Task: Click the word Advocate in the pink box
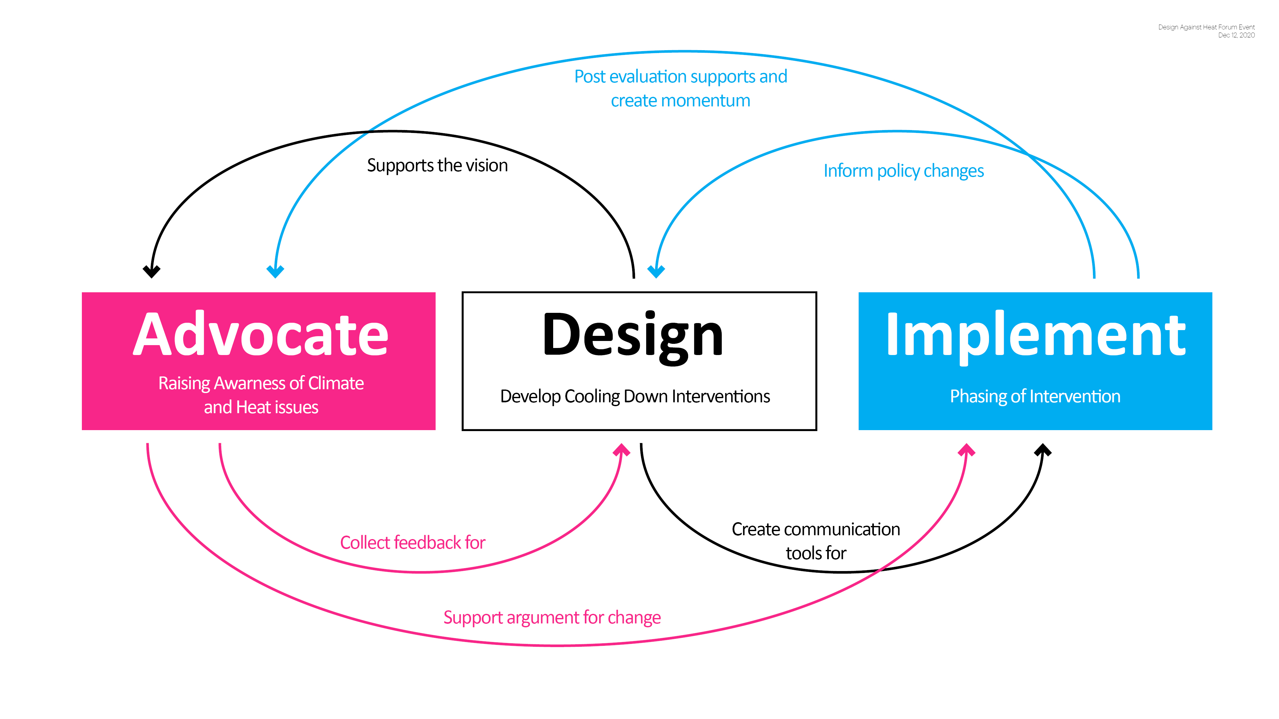pyautogui.click(x=261, y=335)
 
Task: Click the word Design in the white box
pyautogui.click(x=633, y=335)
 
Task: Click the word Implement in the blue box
pyautogui.click(x=1036, y=335)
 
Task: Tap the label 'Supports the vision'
pyautogui.click(x=437, y=165)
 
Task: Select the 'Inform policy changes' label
pyautogui.click(x=903, y=171)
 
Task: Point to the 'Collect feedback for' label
pyautogui.click(x=412, y=542)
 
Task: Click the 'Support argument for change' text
pyautogui.click(x=552, y=617)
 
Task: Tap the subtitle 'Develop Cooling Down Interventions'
pyautogui.click(x=634, y=397)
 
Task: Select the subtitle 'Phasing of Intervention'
pyautogui.click(x=1035, y=397)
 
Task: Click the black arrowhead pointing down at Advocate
pyautogui.click(x=152, y=271)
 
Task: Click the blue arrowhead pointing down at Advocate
pyautogui.click(x=275, y=271)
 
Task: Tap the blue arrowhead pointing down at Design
pyautogui.click(x=656, y=271)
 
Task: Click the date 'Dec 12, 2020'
pyautogui.click(x=1236, y=35)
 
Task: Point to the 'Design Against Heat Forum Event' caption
pyautogui.click(x=1206, y=27)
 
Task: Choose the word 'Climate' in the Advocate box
pyautogui.click(x=336, y=383)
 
